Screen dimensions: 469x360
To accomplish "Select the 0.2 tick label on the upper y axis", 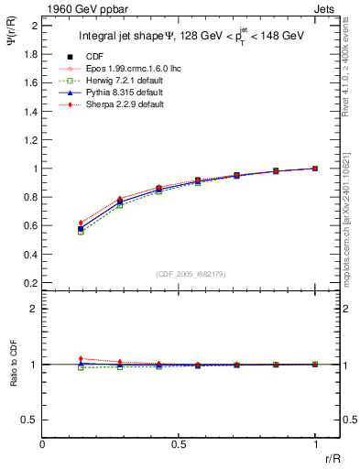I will tap(30, 282).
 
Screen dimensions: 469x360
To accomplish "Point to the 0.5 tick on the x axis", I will tap(179, 444).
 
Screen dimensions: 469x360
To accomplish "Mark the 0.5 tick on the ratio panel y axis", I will tap(30, 420).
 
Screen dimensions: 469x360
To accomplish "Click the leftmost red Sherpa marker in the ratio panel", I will tap(81, 358).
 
